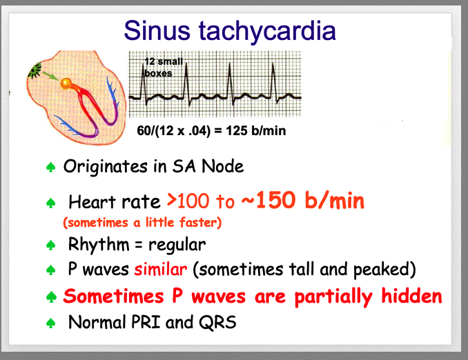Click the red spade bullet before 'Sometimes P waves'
coord(51,297)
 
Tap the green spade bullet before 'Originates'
coord(50,168)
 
